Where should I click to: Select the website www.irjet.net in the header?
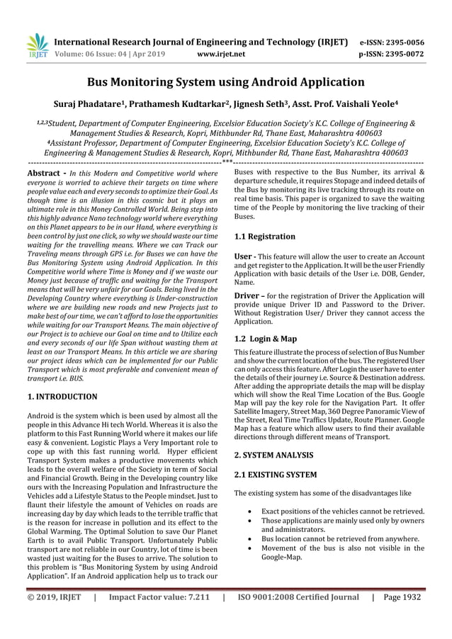tap(222, 53)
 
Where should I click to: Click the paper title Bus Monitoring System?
tap(225, 82)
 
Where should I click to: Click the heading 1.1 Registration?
tap(265, 236)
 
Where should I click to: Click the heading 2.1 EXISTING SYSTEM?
tap(276, 473)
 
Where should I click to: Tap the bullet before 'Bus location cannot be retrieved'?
tap(252, 538)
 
